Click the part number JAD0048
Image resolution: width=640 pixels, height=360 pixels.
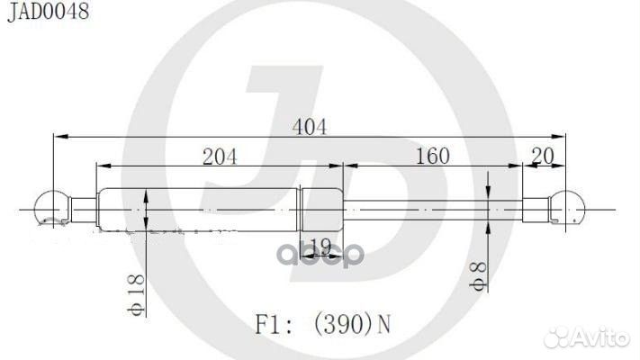49,12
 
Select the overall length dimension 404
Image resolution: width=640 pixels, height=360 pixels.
310,127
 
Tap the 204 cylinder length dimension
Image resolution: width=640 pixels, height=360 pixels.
220,157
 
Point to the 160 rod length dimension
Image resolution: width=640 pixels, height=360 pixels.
433,156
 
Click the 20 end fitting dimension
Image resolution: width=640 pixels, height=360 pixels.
543,156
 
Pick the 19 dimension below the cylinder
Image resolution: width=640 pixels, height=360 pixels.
320,246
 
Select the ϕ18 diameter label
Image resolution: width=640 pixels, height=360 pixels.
136,294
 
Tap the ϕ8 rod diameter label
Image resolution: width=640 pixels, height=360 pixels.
478,276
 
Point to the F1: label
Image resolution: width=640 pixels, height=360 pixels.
274,325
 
